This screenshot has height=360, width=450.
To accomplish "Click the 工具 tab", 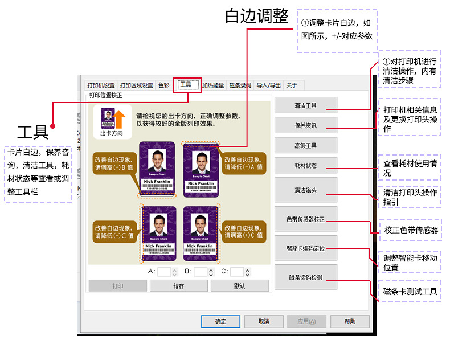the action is coord(186,85).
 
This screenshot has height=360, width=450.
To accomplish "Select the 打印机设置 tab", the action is coord(101,85).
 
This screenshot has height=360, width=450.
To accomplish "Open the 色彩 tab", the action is coord(163,85).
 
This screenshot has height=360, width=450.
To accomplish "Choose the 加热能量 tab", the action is coord(213,85).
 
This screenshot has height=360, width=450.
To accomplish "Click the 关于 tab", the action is coord(292,85).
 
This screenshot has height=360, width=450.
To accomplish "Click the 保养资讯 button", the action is coord(305,125).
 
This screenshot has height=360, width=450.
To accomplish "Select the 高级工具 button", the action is coord(305,145).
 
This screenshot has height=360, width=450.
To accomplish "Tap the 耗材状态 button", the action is coord(305,165).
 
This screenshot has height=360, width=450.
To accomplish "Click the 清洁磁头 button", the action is coord(305,190).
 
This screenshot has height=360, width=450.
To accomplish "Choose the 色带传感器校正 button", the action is coord(305,219).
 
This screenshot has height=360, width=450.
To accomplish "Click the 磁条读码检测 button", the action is coord(305,277).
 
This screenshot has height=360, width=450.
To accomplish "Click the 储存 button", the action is coord(178,286).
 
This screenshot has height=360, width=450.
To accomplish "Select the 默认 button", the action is coord(240,286).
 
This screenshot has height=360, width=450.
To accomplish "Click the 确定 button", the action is coord(220,321).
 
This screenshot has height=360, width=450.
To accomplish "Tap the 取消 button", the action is coord(263,321).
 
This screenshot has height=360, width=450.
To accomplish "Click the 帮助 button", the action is coord(350,321).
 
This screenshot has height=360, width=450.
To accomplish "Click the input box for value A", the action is coord(164,272).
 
